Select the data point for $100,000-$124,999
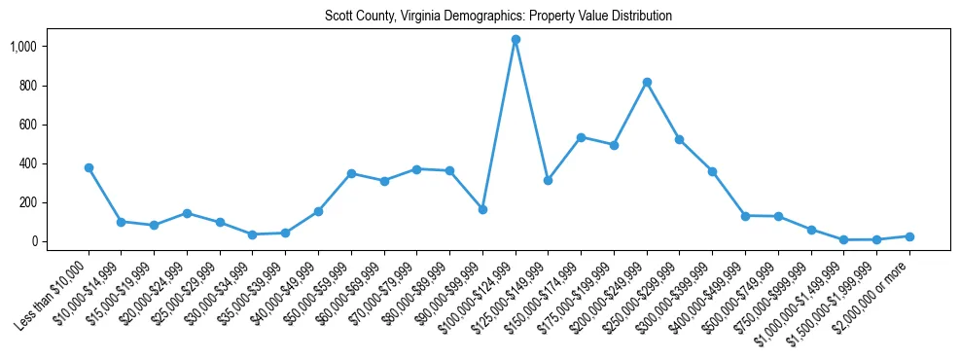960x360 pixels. [x=516, y=40]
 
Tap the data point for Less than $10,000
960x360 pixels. [x=89, y=167]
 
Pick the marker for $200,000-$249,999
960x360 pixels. [x=647, y=82]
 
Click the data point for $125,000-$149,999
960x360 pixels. [x=549, y=180]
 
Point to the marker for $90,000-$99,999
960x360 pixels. [x=482, y=209]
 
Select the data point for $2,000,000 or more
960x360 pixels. [x=909, y=236]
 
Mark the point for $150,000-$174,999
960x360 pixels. [x=581, y=137]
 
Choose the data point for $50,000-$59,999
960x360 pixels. [x=351, y=173]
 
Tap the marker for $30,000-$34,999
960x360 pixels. [x=253, y=234]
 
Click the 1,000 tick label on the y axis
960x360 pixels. [x=23, y=47]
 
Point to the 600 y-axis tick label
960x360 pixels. [x=28, y=125]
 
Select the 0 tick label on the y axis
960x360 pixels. [x=34, y=241]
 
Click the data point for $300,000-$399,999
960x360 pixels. [x=712, y=171]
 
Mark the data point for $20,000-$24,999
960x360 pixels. [x=187, y=213]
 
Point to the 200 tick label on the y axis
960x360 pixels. [x=28, y=202]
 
